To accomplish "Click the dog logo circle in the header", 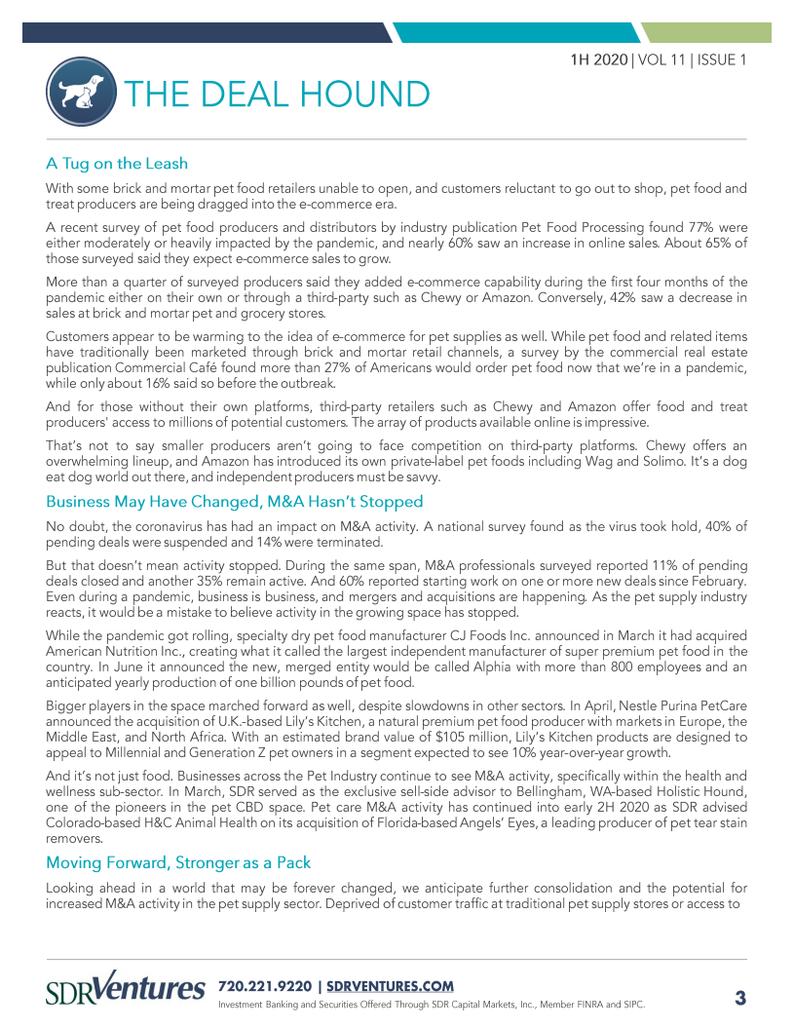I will tap(79, 93).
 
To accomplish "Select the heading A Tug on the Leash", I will tap(117, 163).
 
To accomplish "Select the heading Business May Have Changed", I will tap(234, 502).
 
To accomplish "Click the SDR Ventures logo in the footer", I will tap(126, 986).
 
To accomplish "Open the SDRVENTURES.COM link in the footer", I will tap(389, 986).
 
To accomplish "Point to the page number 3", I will tap(739, 997).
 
